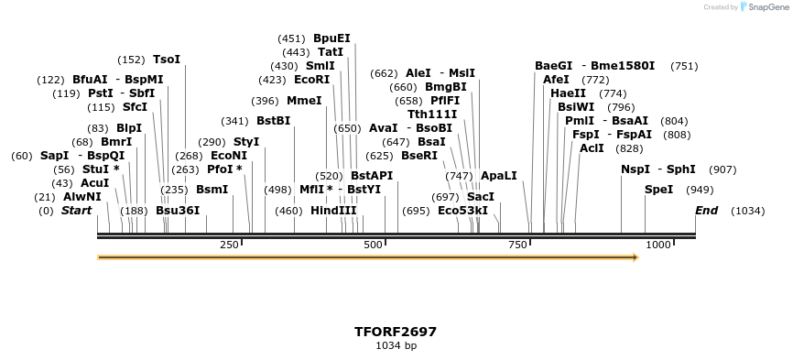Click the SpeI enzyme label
(x=658, y=190)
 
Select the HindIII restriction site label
(x=333, y=211)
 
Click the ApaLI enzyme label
(x=498, y=175)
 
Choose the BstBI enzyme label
(x=273, y=121)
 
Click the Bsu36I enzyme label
(x=177, y=211)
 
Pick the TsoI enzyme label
(x=167, y=60)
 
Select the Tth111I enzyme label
(x=432, y=115)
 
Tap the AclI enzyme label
(x=592, y=148)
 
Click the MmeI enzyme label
(x=304, y=101)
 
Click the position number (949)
(x=700, y=190)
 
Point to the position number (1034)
(x=747, y=212)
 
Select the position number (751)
(x=684, y=66)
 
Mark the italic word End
(x=706, y=212)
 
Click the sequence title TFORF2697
(x=396, y=332)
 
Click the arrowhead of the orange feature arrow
(x=633, y=257)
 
